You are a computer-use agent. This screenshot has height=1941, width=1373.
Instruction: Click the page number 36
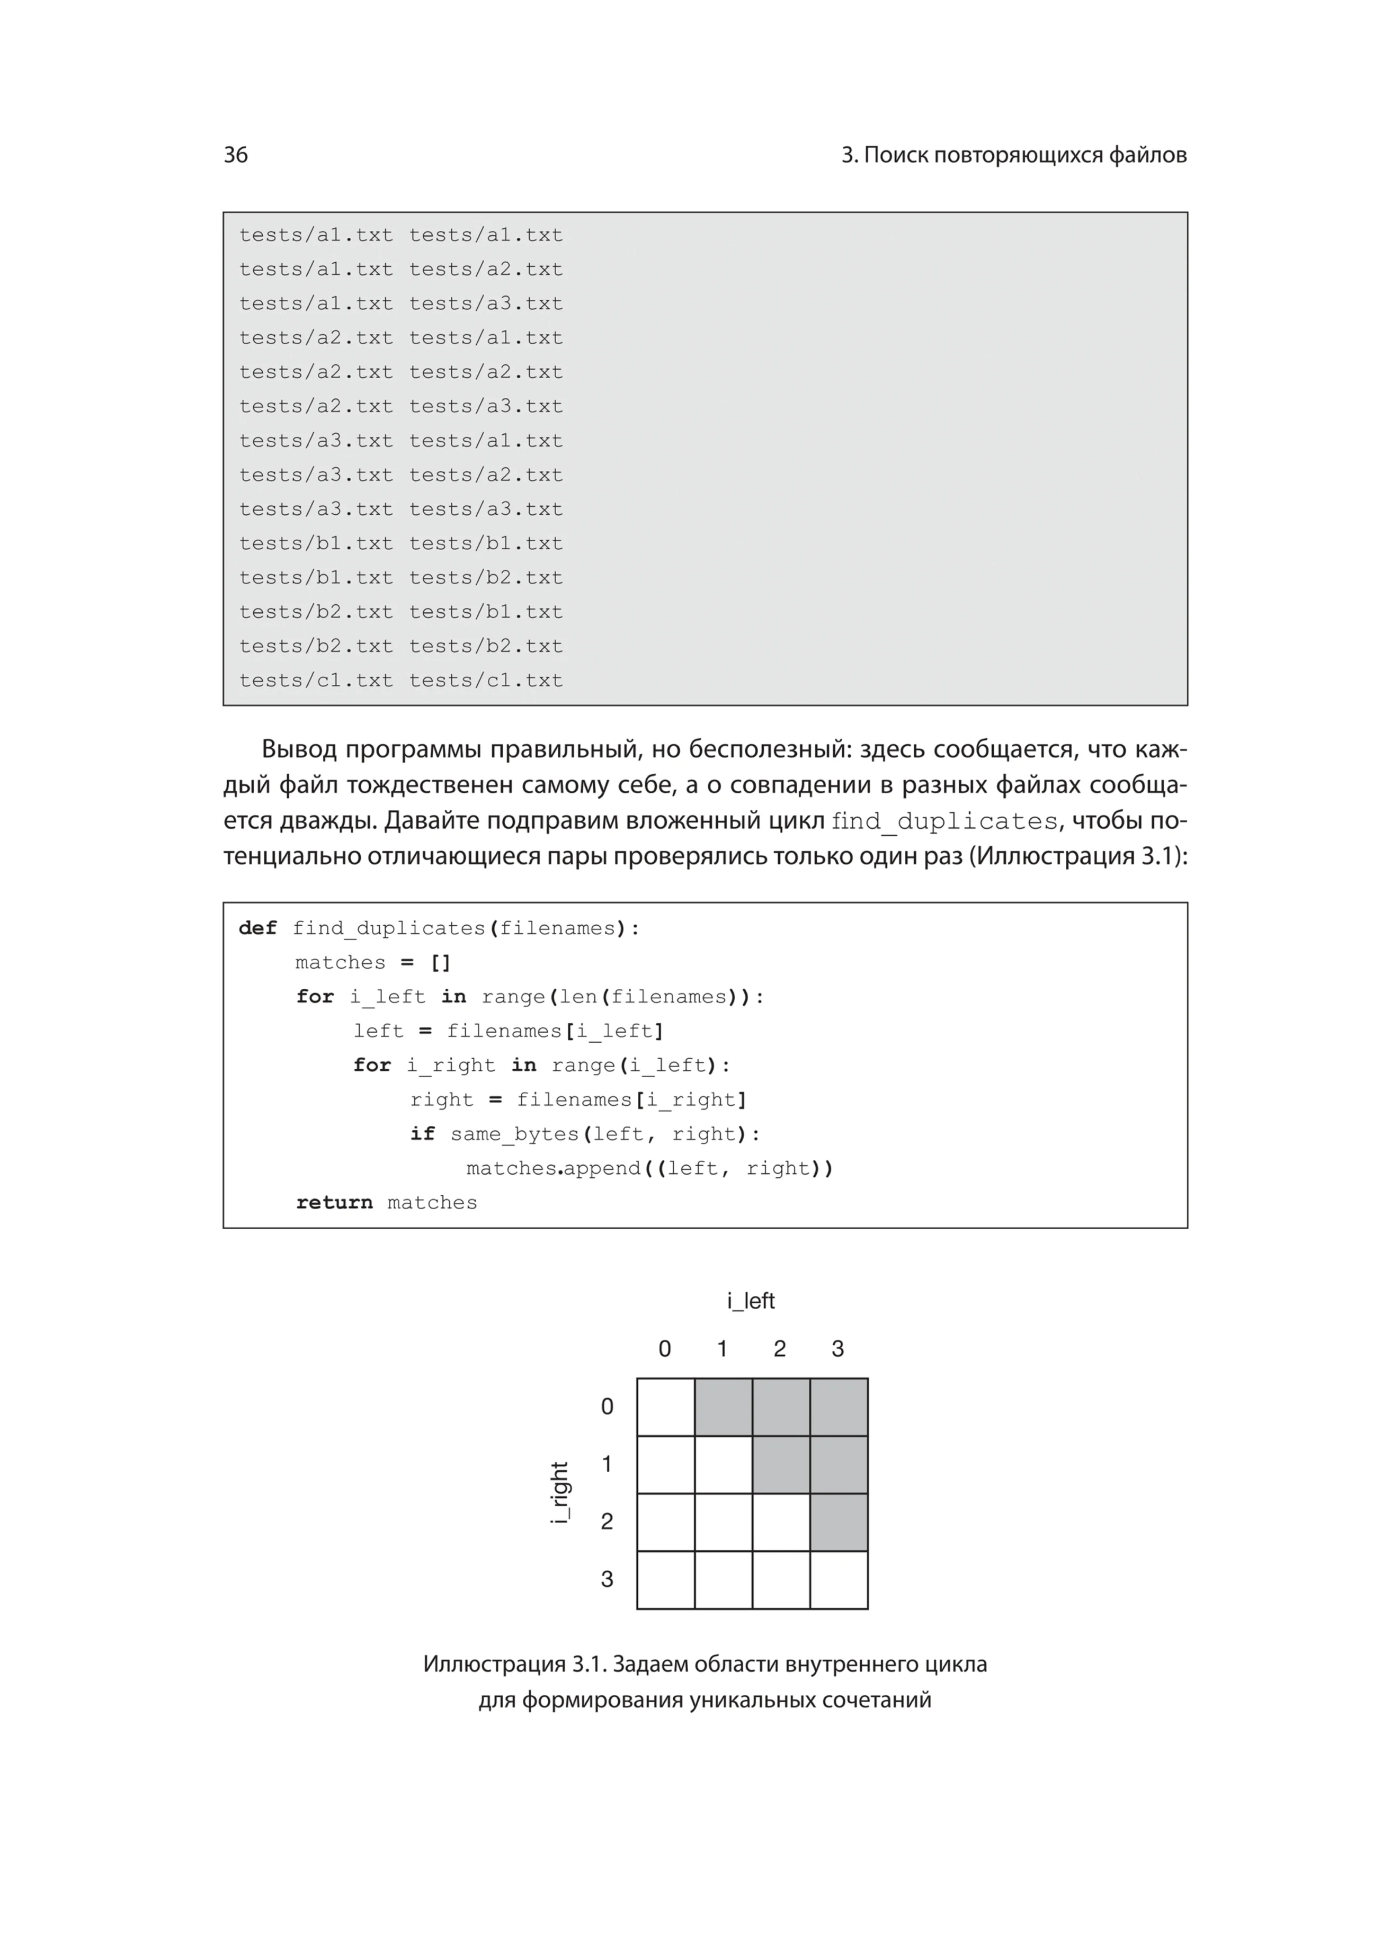(x=235, y=155)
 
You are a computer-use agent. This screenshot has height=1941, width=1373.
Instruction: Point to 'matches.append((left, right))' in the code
(x=649, y=1168)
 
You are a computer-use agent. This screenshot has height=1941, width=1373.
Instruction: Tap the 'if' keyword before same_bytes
(x=423, y=1134)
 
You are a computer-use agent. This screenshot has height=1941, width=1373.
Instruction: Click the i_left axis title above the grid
(x=751, y=1300)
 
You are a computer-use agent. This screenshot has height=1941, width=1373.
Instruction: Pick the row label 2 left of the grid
(x=607, y=1521)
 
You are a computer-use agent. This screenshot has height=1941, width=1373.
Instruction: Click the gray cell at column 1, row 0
(x=723, y=1407)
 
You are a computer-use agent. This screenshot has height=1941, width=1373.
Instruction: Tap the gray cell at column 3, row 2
(x=839, y=1522)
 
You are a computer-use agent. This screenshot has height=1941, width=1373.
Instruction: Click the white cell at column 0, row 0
(x=665, y=1407)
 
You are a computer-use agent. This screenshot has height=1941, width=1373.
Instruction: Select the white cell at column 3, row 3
(x=839, y=1579)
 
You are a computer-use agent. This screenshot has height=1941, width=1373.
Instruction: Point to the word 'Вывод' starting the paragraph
(x=299, y=749)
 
